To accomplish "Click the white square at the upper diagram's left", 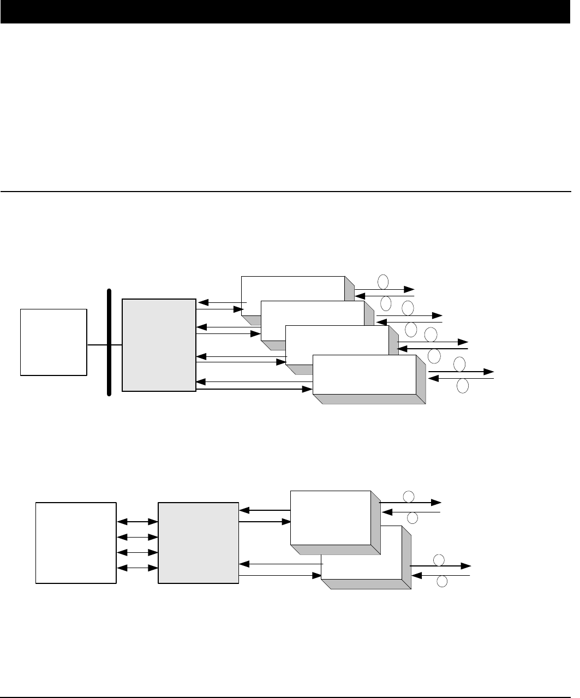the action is pyautogui.click(x=53, y=342).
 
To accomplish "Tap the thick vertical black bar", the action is pyautogui.click(x=109, y=342).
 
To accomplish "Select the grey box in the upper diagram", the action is pyautogui.click(x=159, y=345).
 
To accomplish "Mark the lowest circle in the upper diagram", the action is pyautogui.click(x=462, y=386).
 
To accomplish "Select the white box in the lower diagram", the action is pyautogui.click(x=76, y=542).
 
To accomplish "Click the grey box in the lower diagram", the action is pyautogui.click(x=198, y=542).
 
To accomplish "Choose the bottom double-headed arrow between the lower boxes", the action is pyautogui.click(x=137, y=568).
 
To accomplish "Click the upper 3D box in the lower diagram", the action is pyautogui.click(x=331, y=517).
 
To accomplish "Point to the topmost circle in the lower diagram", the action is pyautogui.click(x=408, y=496).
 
